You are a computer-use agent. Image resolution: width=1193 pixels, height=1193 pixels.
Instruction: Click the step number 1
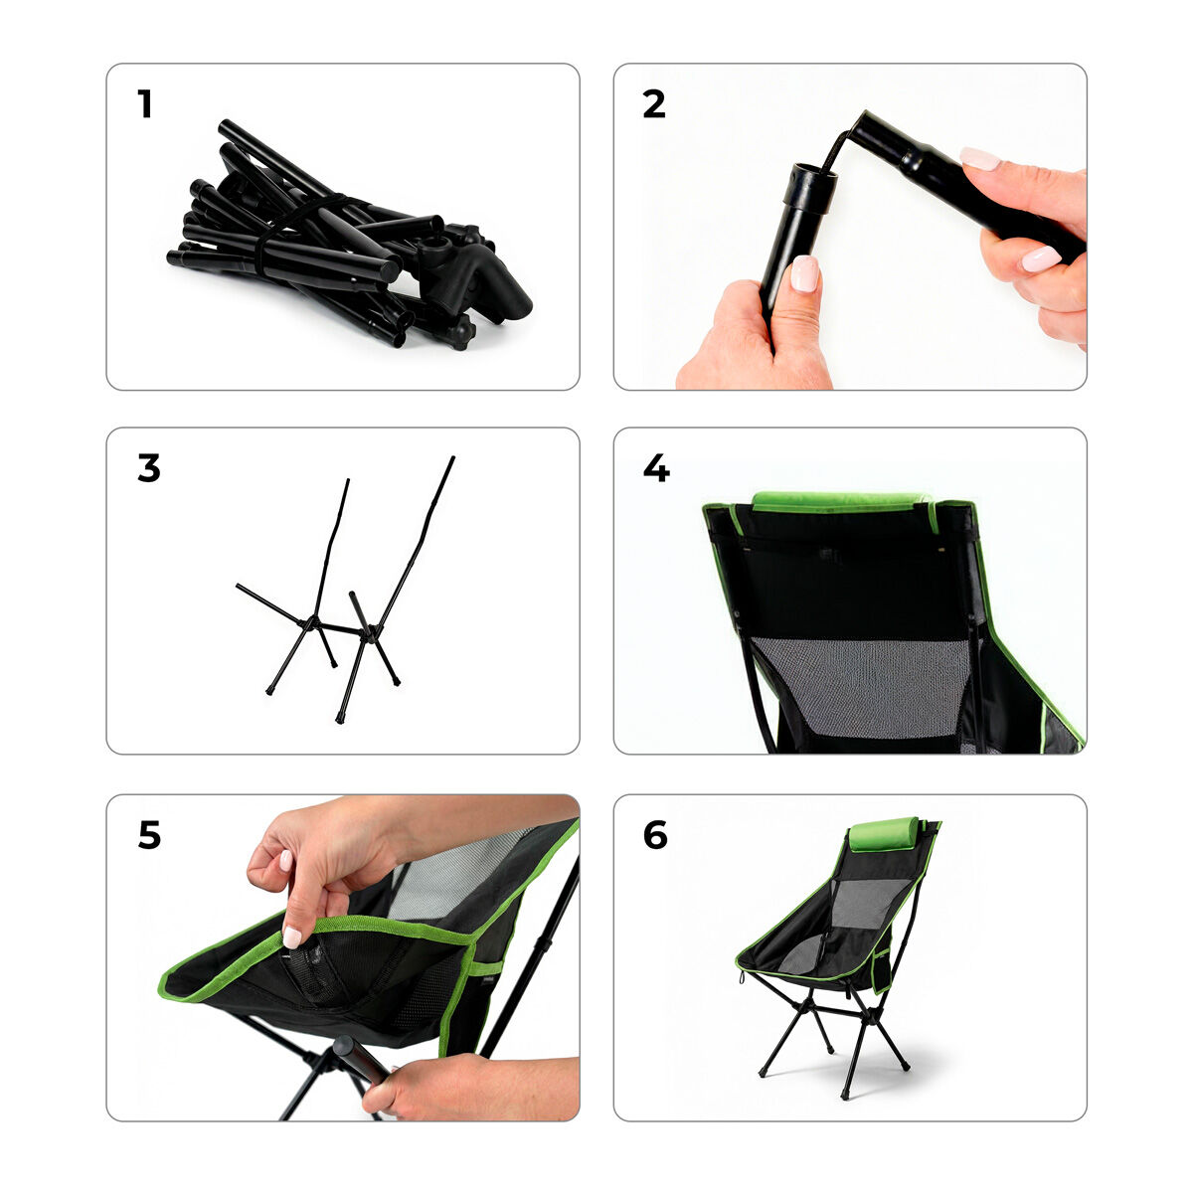145,104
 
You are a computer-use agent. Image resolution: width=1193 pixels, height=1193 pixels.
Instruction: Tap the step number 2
653,104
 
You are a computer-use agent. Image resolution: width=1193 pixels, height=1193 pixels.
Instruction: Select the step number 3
148,468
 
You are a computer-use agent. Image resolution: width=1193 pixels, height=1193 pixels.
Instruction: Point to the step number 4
655,468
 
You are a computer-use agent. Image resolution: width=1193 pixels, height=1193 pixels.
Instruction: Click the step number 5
148,835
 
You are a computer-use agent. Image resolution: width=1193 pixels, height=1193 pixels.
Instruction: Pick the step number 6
654,835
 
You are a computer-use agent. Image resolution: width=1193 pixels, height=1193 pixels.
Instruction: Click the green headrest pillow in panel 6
883,834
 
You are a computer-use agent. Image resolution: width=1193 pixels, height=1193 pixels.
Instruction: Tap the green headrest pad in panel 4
840,500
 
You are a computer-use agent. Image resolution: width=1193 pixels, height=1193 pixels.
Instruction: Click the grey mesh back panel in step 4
860,686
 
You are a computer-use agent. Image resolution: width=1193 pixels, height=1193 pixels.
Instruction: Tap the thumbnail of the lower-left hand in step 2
804,273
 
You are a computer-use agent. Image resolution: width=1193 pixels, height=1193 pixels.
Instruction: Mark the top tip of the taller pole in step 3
452,458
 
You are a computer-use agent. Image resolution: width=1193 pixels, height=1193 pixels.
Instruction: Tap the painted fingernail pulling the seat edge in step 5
292,937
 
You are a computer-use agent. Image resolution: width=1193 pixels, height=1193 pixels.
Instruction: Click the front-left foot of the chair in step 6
763,1073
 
